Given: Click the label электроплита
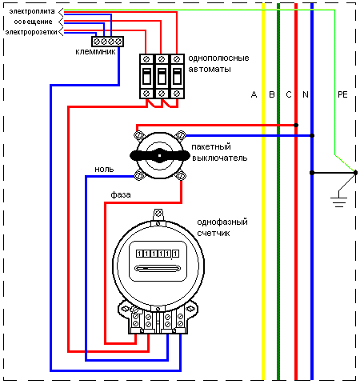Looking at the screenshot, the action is coord(32,11).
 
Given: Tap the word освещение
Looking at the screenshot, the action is coord(34,22).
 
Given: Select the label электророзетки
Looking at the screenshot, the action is coord(31,32).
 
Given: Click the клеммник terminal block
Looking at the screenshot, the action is coord(107,42).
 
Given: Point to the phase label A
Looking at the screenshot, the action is coord(254,94).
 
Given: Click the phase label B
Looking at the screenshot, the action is coord(272,94).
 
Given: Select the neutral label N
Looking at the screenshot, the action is coord(306,94).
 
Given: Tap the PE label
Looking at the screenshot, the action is coord(342,94).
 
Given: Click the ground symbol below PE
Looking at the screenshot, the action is coord(338,202).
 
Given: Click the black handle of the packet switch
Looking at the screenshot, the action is coord(159,155).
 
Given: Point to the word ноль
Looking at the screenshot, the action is coord(104,170).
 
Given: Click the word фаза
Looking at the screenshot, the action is coord(121,194).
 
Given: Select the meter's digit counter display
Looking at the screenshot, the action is coord(158,254).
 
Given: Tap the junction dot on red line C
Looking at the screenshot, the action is coord(296,125).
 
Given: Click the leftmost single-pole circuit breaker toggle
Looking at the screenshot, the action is coord(146,77).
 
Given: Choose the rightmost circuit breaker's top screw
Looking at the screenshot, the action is coord(177,59).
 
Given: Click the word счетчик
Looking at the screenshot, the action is coord(214,234).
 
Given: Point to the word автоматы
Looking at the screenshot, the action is coord(210,70).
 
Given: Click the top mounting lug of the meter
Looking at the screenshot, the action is coord(158,214).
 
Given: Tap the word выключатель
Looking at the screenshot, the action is coord(220,158).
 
